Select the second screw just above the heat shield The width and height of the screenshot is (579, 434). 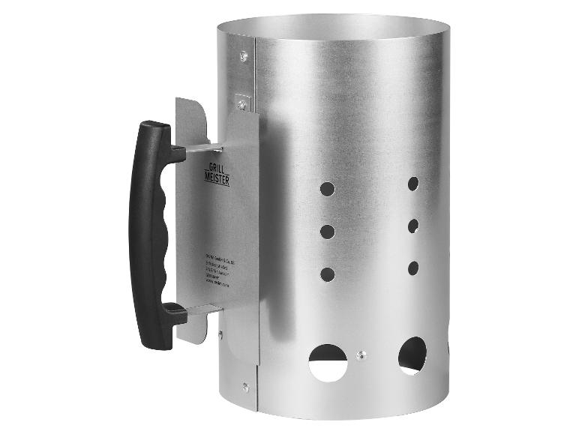tap(241, 98)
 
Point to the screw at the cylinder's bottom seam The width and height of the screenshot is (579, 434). tap(246, 387)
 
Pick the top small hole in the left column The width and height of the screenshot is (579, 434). tap(327, 188)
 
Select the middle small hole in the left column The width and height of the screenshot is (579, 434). tap(327, 232)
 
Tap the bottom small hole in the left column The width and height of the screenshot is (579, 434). tap(327, 274)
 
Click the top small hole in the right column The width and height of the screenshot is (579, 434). tap(412, 182)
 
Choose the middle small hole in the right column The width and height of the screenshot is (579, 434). tap(412, 225)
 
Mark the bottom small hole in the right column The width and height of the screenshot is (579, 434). tap(412, 267)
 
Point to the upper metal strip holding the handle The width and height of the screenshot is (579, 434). tap(202, 148)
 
